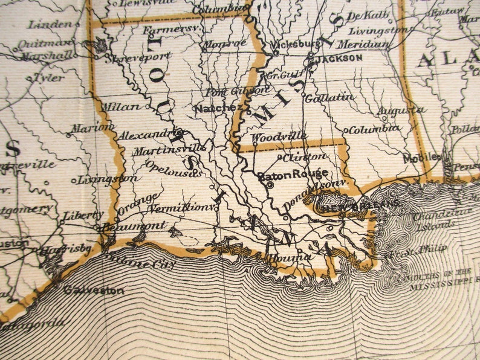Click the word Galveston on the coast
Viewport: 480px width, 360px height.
pyautogui.click(x=94, y=290)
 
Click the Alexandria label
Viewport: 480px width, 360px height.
pyautogui.click(x=152, y=134)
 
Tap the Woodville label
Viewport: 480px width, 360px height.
pyautogui.click(x=279, y=137)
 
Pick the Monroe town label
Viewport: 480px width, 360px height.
pyautogui.click(x=225, y=43)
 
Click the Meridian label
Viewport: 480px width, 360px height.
pyautogui.click(x=363, y=44)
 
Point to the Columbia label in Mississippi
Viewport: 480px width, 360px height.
pyautogui.click(x=375, y=129)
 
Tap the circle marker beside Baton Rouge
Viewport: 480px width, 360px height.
pyautogui.click(x=270, y=185)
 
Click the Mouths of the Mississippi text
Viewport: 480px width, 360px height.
pyautogui.click(x=441, y=277)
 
